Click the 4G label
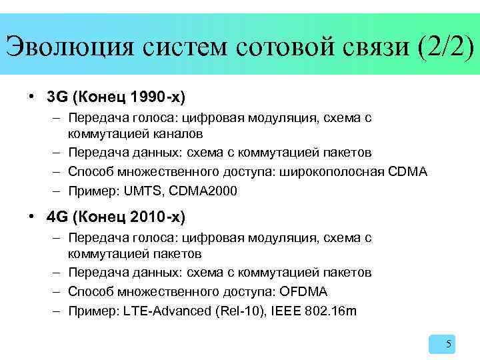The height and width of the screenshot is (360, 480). pyautogui.click(x=58, y=217)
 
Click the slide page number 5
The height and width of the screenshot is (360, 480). pyautogui.click(x=449, y=344)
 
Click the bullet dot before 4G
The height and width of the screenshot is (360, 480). pyautogui.click(x=31, y=217)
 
